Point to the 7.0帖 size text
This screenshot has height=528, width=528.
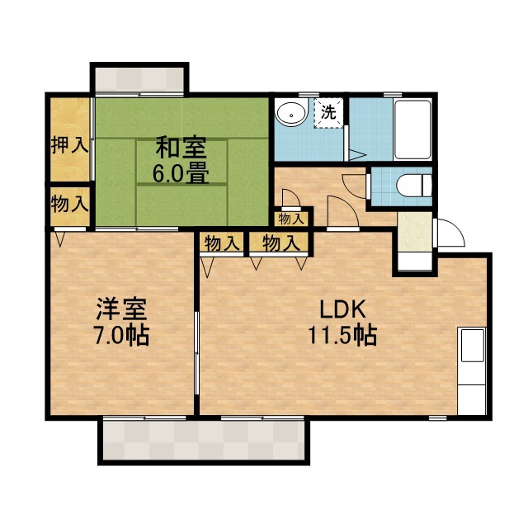coord(121,336)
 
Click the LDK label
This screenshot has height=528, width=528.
coord(342,310)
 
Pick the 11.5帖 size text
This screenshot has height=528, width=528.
coord(342,335)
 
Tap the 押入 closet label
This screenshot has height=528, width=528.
coord(69,145)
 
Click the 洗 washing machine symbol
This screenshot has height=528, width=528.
coord(328,112)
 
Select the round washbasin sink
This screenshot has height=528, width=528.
coord(291,114)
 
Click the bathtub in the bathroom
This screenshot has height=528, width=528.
coord(412,129)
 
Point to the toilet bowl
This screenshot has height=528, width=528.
coord(414,186)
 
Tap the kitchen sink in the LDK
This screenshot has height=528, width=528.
coord(473,346)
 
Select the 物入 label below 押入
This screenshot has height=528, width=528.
coord(69,204)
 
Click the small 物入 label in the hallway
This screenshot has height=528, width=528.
coord(291,219)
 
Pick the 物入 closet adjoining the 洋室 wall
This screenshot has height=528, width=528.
coord(221,243)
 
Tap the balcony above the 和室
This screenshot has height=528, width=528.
coord(139,79)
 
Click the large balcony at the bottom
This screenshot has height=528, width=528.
coord(204,440)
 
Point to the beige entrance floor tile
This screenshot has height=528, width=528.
coord(415,232)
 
